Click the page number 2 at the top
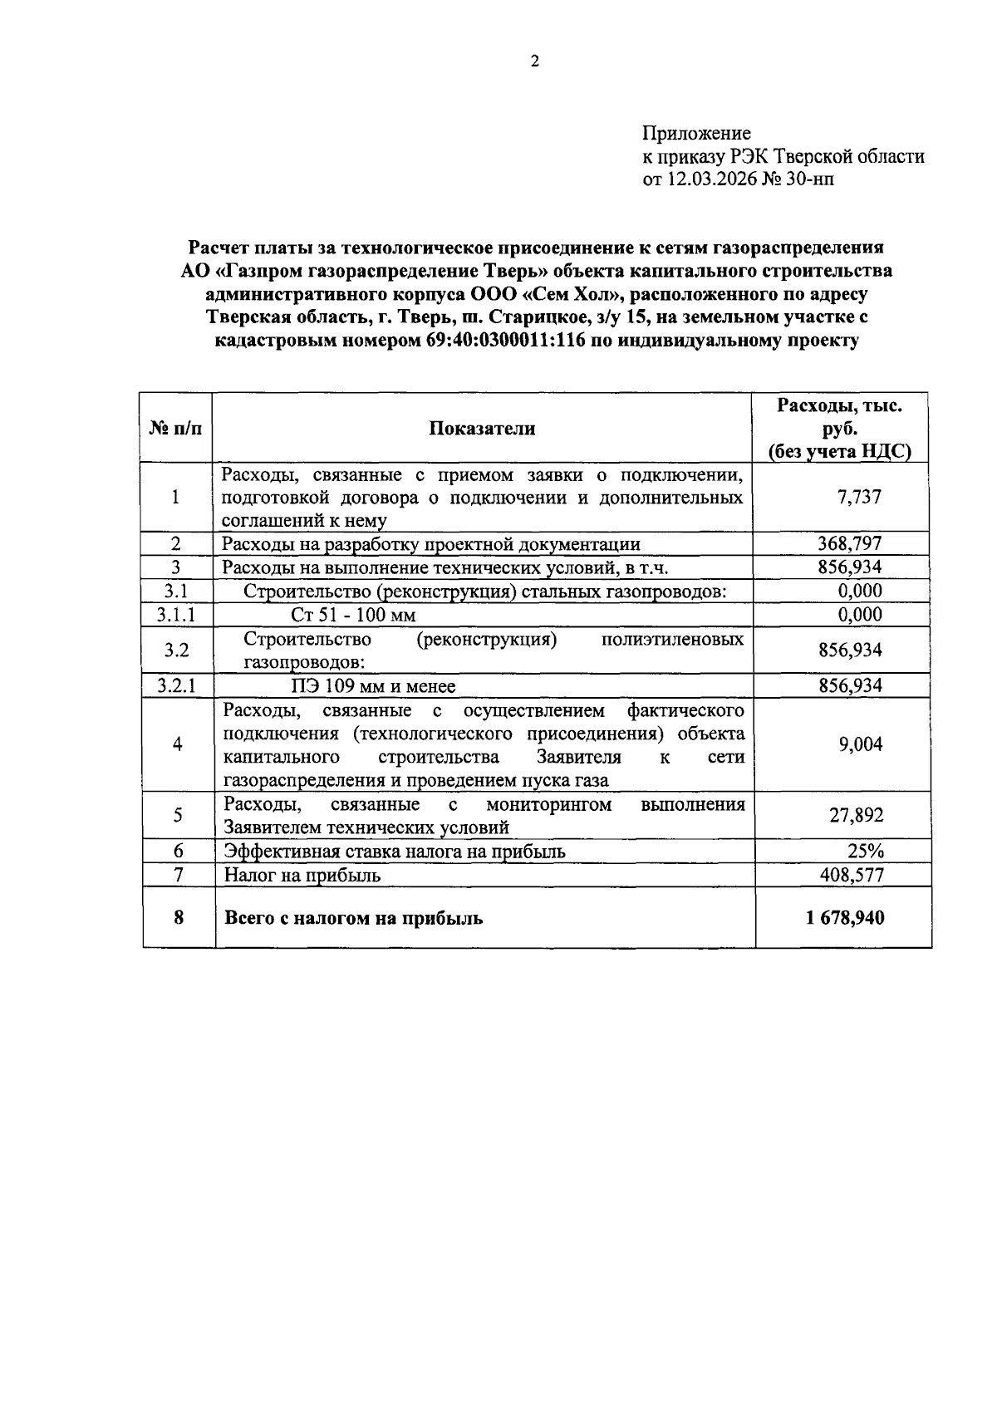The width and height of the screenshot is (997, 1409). point(535,61)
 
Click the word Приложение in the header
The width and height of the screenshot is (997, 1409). point(696,133)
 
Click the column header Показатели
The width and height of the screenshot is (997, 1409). point(483,428)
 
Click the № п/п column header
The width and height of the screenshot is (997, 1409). point(176,428)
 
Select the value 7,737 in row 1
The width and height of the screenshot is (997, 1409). point(860,497)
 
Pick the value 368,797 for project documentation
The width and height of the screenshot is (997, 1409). point(850,543)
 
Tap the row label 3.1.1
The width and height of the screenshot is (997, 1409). point(176,615)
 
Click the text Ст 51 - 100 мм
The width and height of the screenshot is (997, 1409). point(353,615)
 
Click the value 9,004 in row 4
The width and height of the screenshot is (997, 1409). point(860,744)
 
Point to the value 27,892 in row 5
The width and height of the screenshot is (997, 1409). point(856,815)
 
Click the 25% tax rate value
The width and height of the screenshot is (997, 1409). point(866,851)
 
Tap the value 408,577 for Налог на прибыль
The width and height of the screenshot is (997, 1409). point(850,875)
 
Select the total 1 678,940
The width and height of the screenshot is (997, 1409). point(844,918)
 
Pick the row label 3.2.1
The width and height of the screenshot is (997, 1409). point(176,686)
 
